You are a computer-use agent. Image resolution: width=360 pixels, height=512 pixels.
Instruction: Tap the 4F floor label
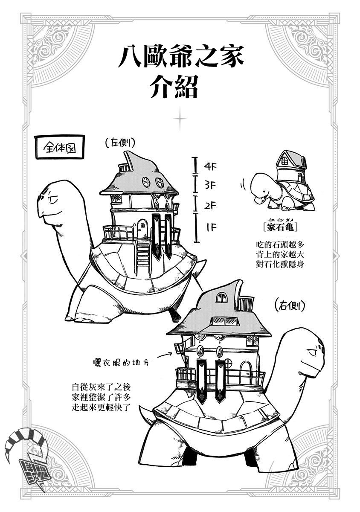tap(211, 166)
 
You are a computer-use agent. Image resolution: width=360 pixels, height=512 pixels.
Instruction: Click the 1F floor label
tap(211, 227)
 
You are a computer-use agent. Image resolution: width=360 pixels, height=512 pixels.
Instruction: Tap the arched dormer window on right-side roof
tap(221, 298)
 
